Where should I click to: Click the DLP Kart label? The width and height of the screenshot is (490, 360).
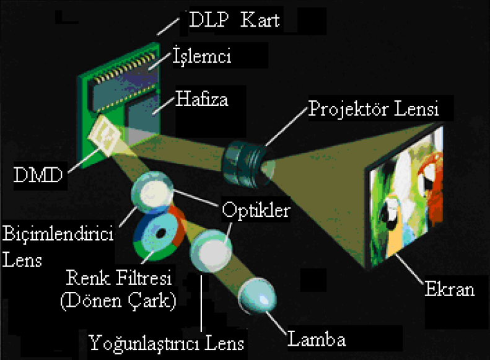click(x=234, y=20)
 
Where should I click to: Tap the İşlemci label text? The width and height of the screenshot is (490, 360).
click(x=202, y=57)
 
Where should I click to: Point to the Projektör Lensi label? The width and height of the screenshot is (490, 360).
click(x=374, y=109)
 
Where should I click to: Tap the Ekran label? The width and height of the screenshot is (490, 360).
click(x=449, y=289)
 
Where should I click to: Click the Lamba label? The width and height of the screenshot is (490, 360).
click(x=317, y=339)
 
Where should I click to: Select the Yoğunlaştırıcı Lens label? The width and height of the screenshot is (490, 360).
click(x=166, y=342)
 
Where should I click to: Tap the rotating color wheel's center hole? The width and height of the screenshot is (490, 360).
click(x=160, y=234)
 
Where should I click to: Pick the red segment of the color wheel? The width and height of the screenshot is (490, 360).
click(x=179, y=223)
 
